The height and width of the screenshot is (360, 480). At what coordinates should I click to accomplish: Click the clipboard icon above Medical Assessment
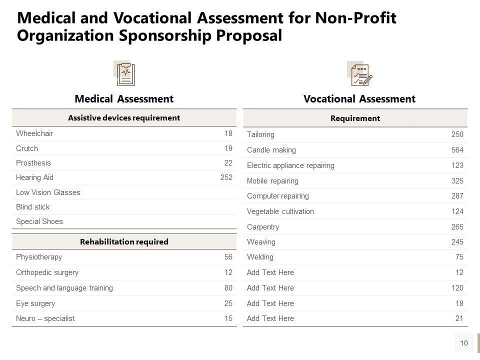pyautogui.click(x=125, y=74)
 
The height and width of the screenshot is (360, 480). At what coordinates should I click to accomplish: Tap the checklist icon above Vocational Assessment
pyautogui.click(x=360, y=74)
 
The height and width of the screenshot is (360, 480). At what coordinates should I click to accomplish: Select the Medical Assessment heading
pyautogui.click(x=124, y=99)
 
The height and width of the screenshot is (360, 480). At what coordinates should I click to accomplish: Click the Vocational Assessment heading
pyautogui.click(x=359, y=99)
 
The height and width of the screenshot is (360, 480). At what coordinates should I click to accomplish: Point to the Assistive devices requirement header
pyautogui.click(x=124, y=118)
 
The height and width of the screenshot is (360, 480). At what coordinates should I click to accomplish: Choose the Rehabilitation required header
pyautogui.click(x=124, y=241)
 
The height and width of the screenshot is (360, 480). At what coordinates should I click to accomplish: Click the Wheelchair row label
pyautogui.click(x=34, y=133)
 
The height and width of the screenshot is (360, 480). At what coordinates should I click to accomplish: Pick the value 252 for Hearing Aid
pyautogui.click(x=226, y=177)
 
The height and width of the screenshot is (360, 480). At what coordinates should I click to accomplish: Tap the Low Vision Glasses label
pyautogui.click(x=48, y=192)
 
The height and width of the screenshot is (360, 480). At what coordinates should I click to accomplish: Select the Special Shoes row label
pyautogui.click(x=39, y=221)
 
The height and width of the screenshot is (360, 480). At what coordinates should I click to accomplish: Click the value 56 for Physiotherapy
pyautogui.click(x=228, y=257)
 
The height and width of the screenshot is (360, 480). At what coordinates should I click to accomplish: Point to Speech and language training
pyautogui.click(x=64, y=288)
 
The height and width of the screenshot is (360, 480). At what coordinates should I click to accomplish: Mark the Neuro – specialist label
pyautogui.click(x=45, y=318)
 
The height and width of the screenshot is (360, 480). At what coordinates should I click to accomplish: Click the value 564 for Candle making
pyautogui.click(x=457, y=150)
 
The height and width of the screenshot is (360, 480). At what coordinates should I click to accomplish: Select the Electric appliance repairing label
pyautogui.click(x=290, y=165)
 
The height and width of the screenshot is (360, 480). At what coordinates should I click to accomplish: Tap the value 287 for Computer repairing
pyautogui.click(x=457, y=196)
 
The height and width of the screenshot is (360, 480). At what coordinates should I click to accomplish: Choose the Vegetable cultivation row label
pyautogui.click(x=280, y=211)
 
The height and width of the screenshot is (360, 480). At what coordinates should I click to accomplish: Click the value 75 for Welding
pyautogui.click(x=459, y=257)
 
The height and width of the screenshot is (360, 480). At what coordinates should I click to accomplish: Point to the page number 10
pyautogui.click(x=464, y=343)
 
